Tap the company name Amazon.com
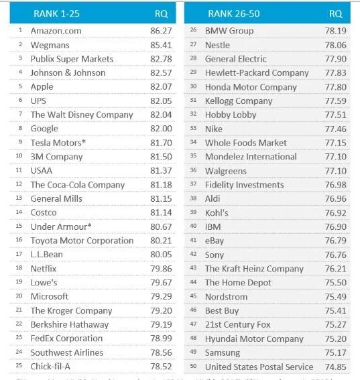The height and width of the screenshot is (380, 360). (x=56, y=31)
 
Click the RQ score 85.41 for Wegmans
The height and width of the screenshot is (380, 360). (x=161, y=45)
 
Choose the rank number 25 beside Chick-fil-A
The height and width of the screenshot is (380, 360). (x=21, y=367)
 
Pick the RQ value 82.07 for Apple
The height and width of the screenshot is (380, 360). (x=161, y=87)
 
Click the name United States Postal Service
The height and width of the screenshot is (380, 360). (x=259, y=367)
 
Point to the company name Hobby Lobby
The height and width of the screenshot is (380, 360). (x=231, y=115)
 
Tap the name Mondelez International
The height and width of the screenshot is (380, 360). (x=251, y=157)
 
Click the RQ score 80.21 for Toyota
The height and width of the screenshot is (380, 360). (x=161, y=241)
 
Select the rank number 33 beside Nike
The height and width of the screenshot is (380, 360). (x=193, y=129)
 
